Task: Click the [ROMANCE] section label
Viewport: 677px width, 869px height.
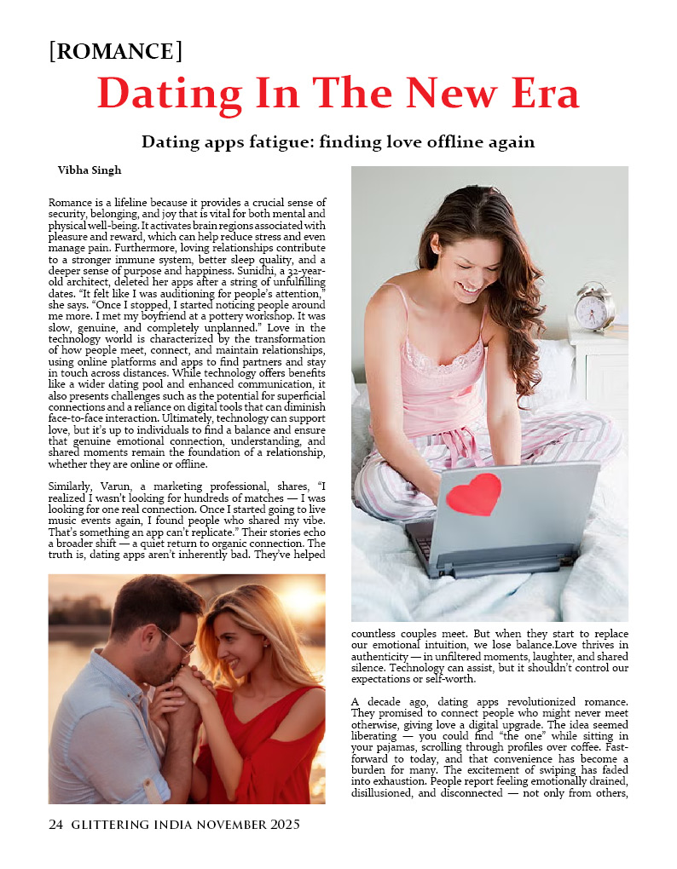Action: click(x=116, y=51)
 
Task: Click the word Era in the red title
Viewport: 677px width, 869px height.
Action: click(x=535, y=94)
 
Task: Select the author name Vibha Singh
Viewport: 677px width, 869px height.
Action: click(x=89, y=170)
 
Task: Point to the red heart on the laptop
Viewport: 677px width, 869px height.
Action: click(x=474, y=494)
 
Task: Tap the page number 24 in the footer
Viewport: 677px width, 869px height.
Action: click(x=56, y=825)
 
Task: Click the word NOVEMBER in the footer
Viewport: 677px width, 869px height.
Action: click(x=202, y=825)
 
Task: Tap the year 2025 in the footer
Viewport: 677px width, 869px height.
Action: click(x=280, y=825)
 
